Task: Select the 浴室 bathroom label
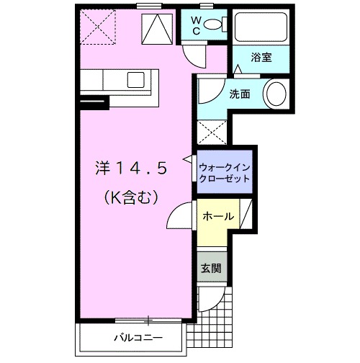point(261,57)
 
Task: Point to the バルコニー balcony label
point(137,337)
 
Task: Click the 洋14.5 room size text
point(131,168)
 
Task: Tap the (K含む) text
point(131,194)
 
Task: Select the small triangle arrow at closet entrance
point(189,158)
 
